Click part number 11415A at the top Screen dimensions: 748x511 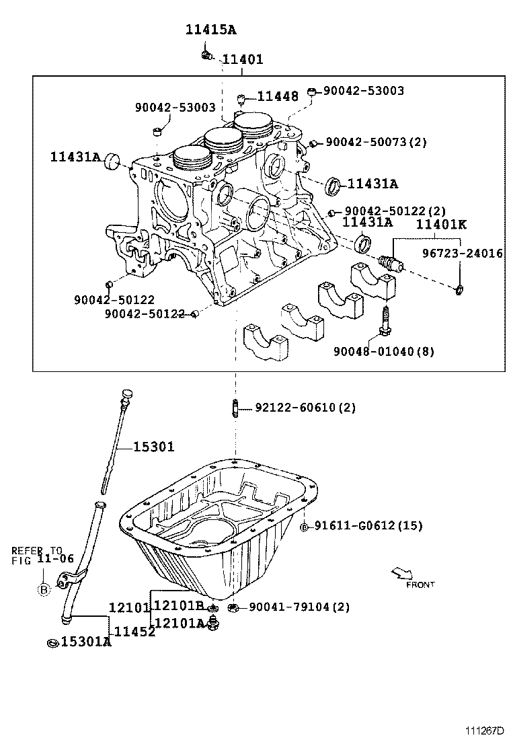pyautogui.click(x=211, y=30)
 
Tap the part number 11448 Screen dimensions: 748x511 pyautogui.click(x=276, y=97)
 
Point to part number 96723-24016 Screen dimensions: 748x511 pyautogui.click(x=462, y=254)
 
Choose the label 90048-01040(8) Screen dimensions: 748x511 pyautogui.click(x=384, y=351)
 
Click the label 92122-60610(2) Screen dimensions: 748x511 pyautogui.click(x=305, y=408)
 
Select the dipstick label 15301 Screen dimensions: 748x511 pyautogui.click(x=153, y=447)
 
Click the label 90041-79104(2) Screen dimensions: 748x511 pyautogui.click(x=299, y=607)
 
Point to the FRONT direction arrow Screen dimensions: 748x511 pyautogui.click(x=402, y=573)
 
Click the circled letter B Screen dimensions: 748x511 pyautogui.click(x=44, y=590)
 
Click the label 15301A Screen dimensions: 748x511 pyautogui.click(x=85, y=642)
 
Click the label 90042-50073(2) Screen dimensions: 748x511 pyautogui.click(x=376, y=142)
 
